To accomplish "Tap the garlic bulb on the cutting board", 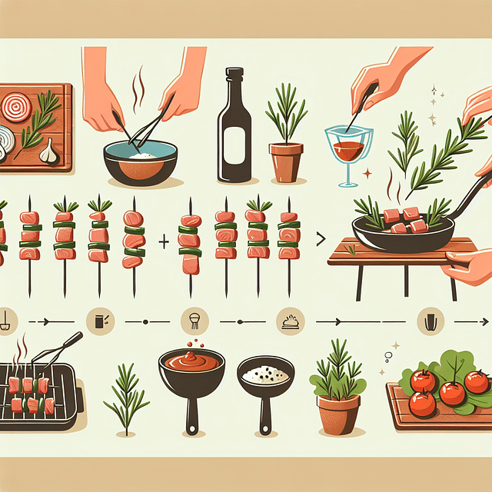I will (48, 151).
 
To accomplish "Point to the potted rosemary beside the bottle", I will (286, 146).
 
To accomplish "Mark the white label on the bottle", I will (233, 145).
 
